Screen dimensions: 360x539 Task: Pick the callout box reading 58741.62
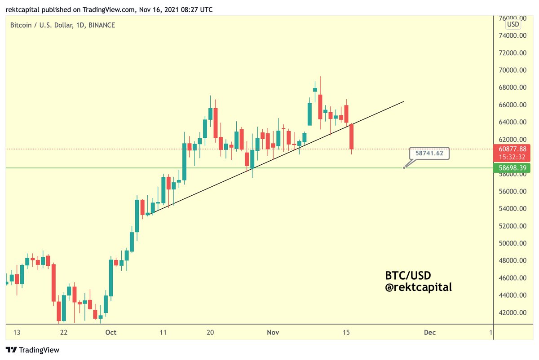point(429,153)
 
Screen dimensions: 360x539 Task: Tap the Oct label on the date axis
point(110,333)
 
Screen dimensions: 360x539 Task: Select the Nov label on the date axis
point(273,333)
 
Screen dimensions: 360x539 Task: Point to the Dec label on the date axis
point(430,333)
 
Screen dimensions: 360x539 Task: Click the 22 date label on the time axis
point(63,333)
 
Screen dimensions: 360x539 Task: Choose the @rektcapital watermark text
point(418,287)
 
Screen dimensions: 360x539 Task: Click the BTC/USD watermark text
point(407,274)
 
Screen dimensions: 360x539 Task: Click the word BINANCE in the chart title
point(102,26)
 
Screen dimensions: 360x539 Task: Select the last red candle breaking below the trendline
point(352,136)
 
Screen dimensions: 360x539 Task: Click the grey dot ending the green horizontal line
point(404,168)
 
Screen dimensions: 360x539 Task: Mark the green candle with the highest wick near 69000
point(315,89)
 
